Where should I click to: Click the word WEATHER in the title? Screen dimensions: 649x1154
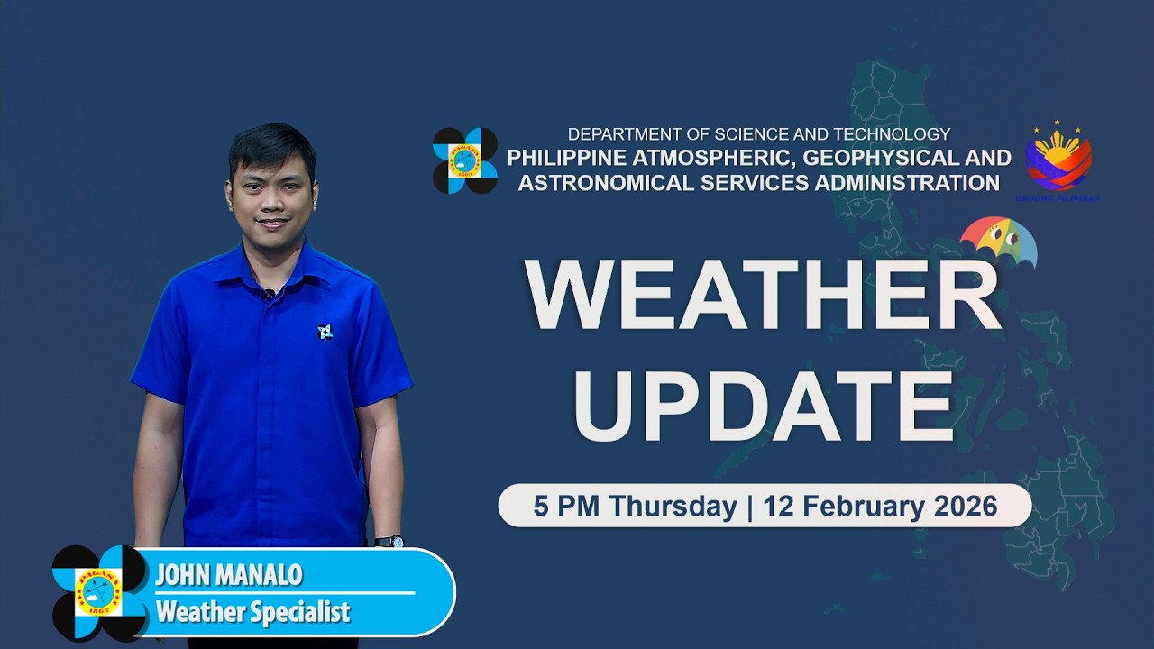pyautogui.click(x=763, y=297)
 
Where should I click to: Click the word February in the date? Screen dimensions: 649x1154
pyautogui.click(x=851, y=506)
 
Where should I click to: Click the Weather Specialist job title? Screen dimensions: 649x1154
pyautogui.click(x=252, y=613)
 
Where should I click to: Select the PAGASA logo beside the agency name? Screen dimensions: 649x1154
pyautogui.click(x=464, y=160)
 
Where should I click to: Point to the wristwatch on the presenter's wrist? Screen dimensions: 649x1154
pyautogui.click(x=389, y=542)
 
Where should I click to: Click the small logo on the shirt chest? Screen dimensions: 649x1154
pyautogui.click(x=325, y=332)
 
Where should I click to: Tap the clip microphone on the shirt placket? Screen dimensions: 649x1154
pyautogui.click(x=268, y=294)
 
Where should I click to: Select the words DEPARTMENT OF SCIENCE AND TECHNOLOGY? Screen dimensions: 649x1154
pyautogui.click(x=758, y=134)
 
